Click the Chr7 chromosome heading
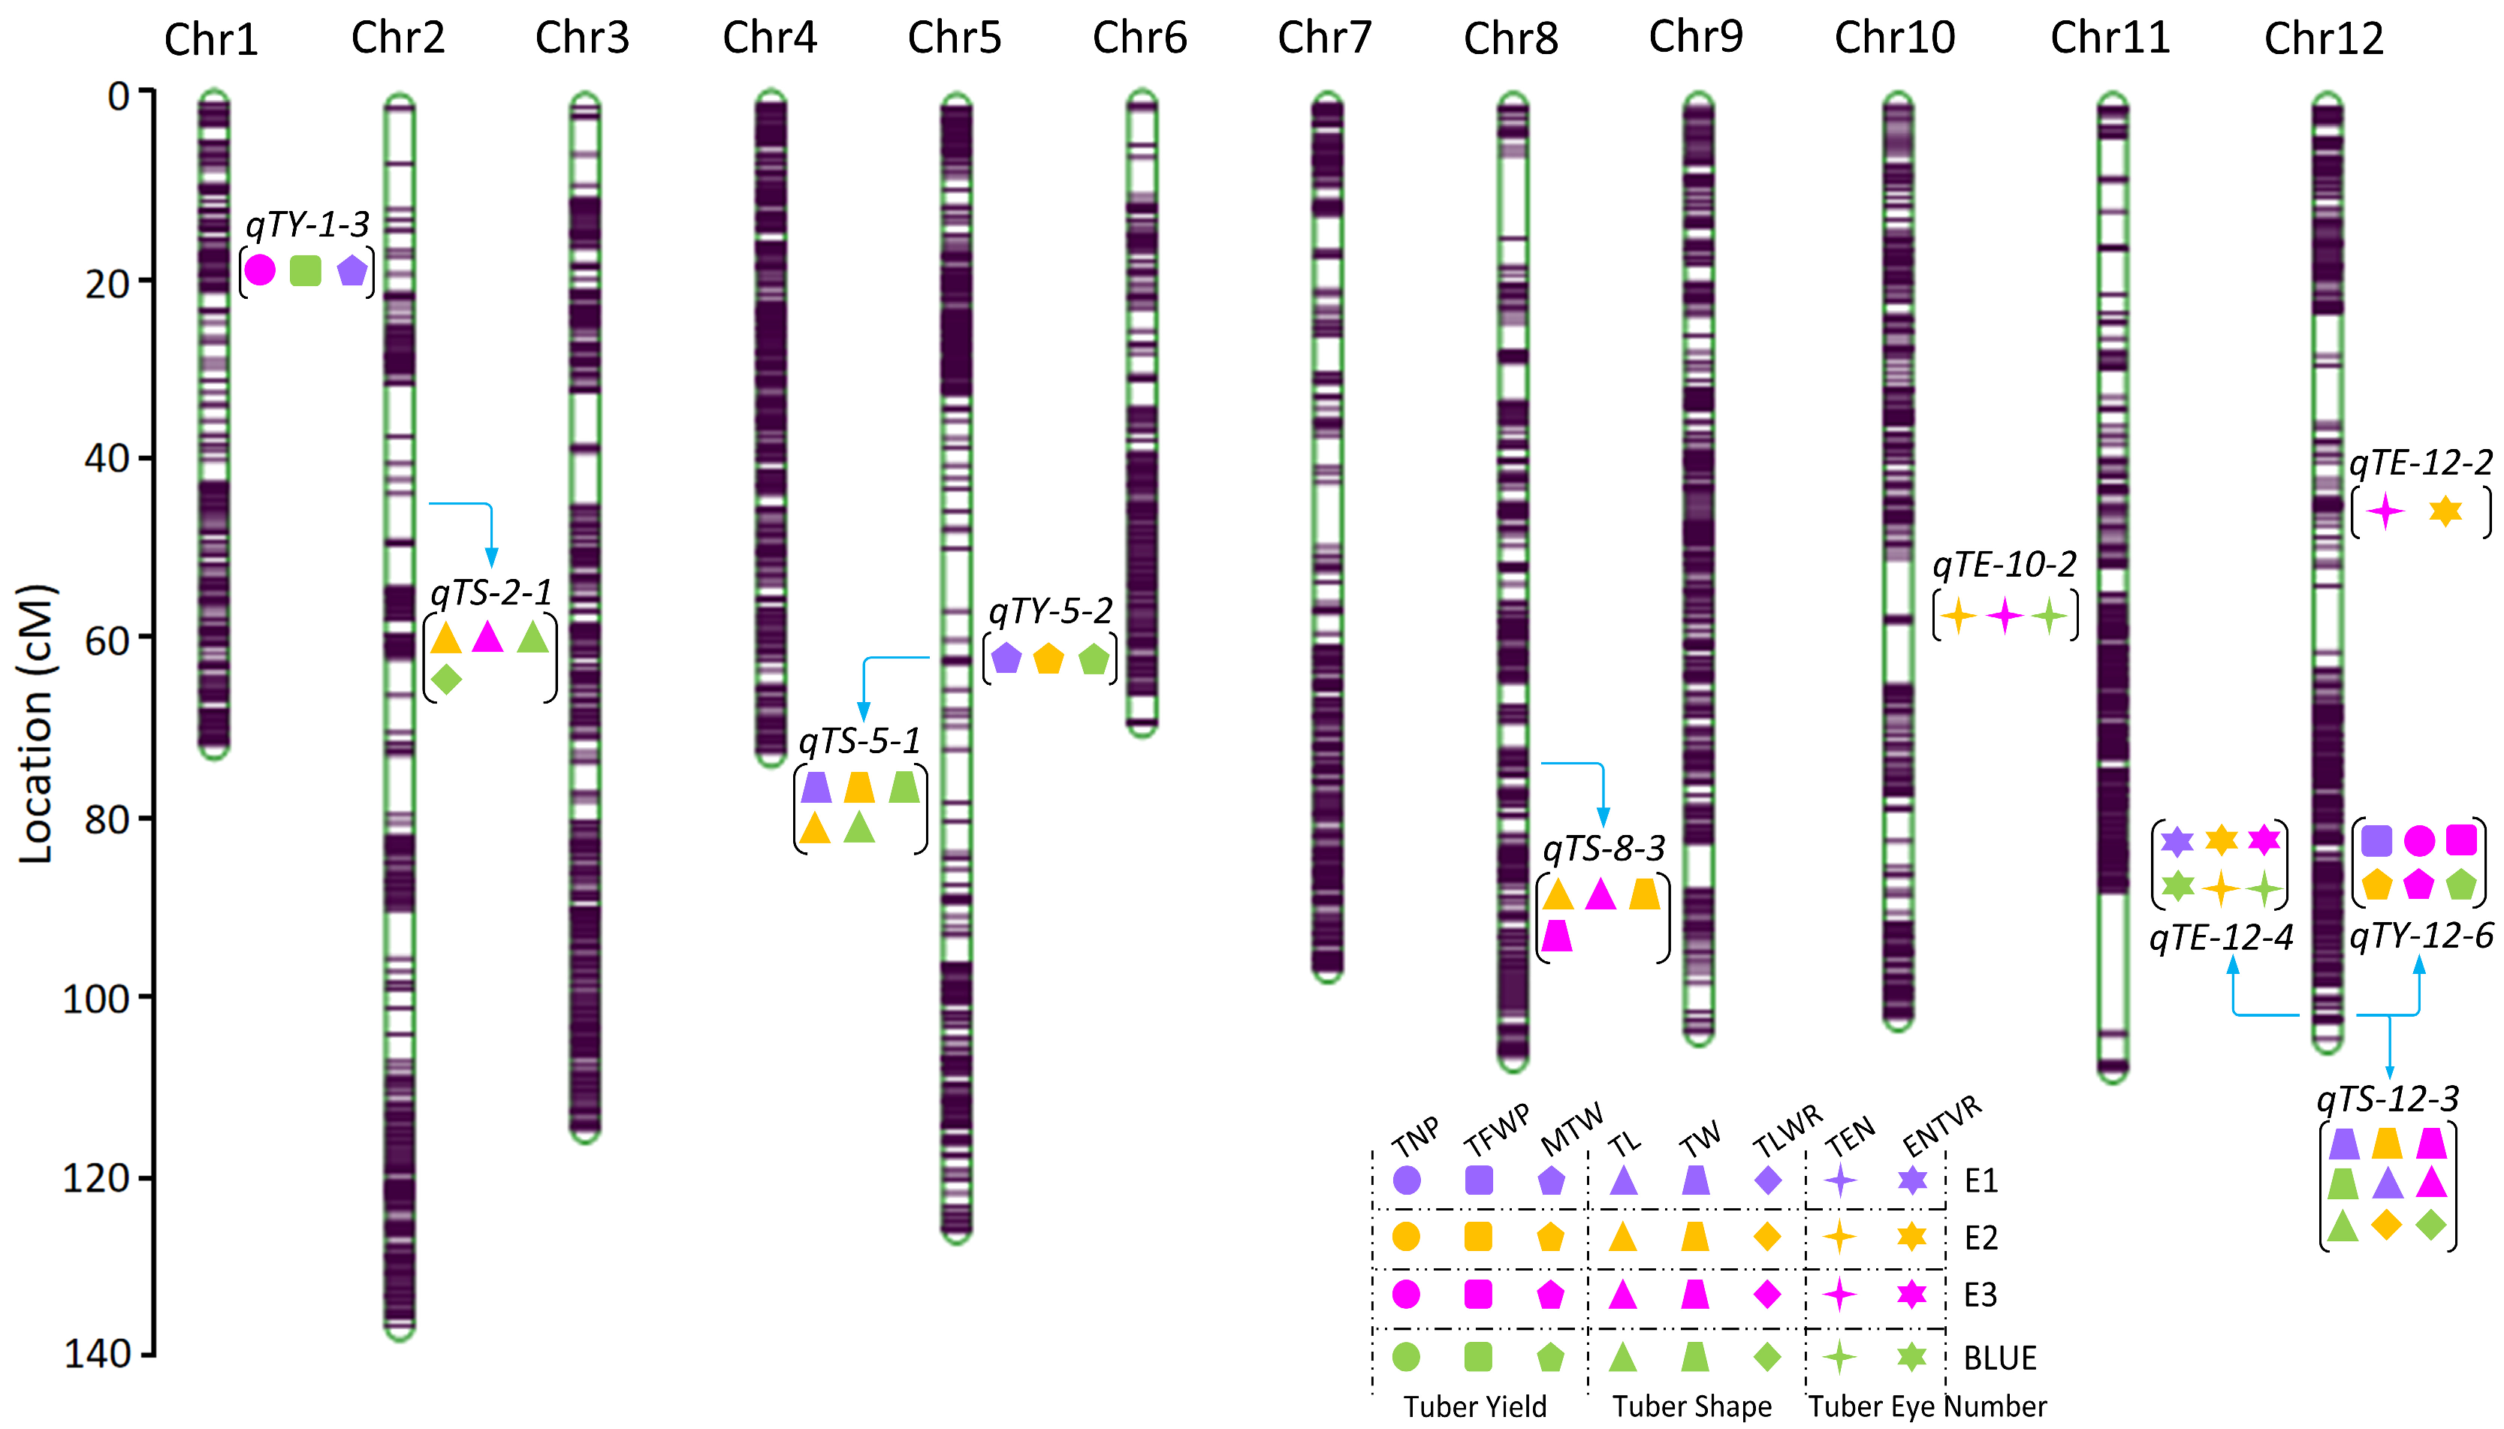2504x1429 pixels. pyautogui.click(x=1323, y=38)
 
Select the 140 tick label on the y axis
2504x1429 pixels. pyautogui.click(x=97, y=1355)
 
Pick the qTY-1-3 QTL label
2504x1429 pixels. pyautogui.click(x=307, y=225)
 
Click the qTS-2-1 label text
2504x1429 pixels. pyautogui.click(x=490, y=592)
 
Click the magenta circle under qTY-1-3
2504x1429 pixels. pyautogui.click(x=259, y=270)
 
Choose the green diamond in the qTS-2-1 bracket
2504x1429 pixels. pyautogui.click(x=445, y=678)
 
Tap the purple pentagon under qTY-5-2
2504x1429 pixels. pyautogui.click(x=1006, y=659)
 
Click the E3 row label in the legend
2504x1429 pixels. pyautogui.click(x=1980, y=1295)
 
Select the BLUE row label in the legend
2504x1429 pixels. pyautogui.click(x=1999, y=1358)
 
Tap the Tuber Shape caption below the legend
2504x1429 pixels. pyautogui.click(x=1691, y=1407)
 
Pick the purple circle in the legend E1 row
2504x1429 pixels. pyautogui.click(x=1406, y=1180)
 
